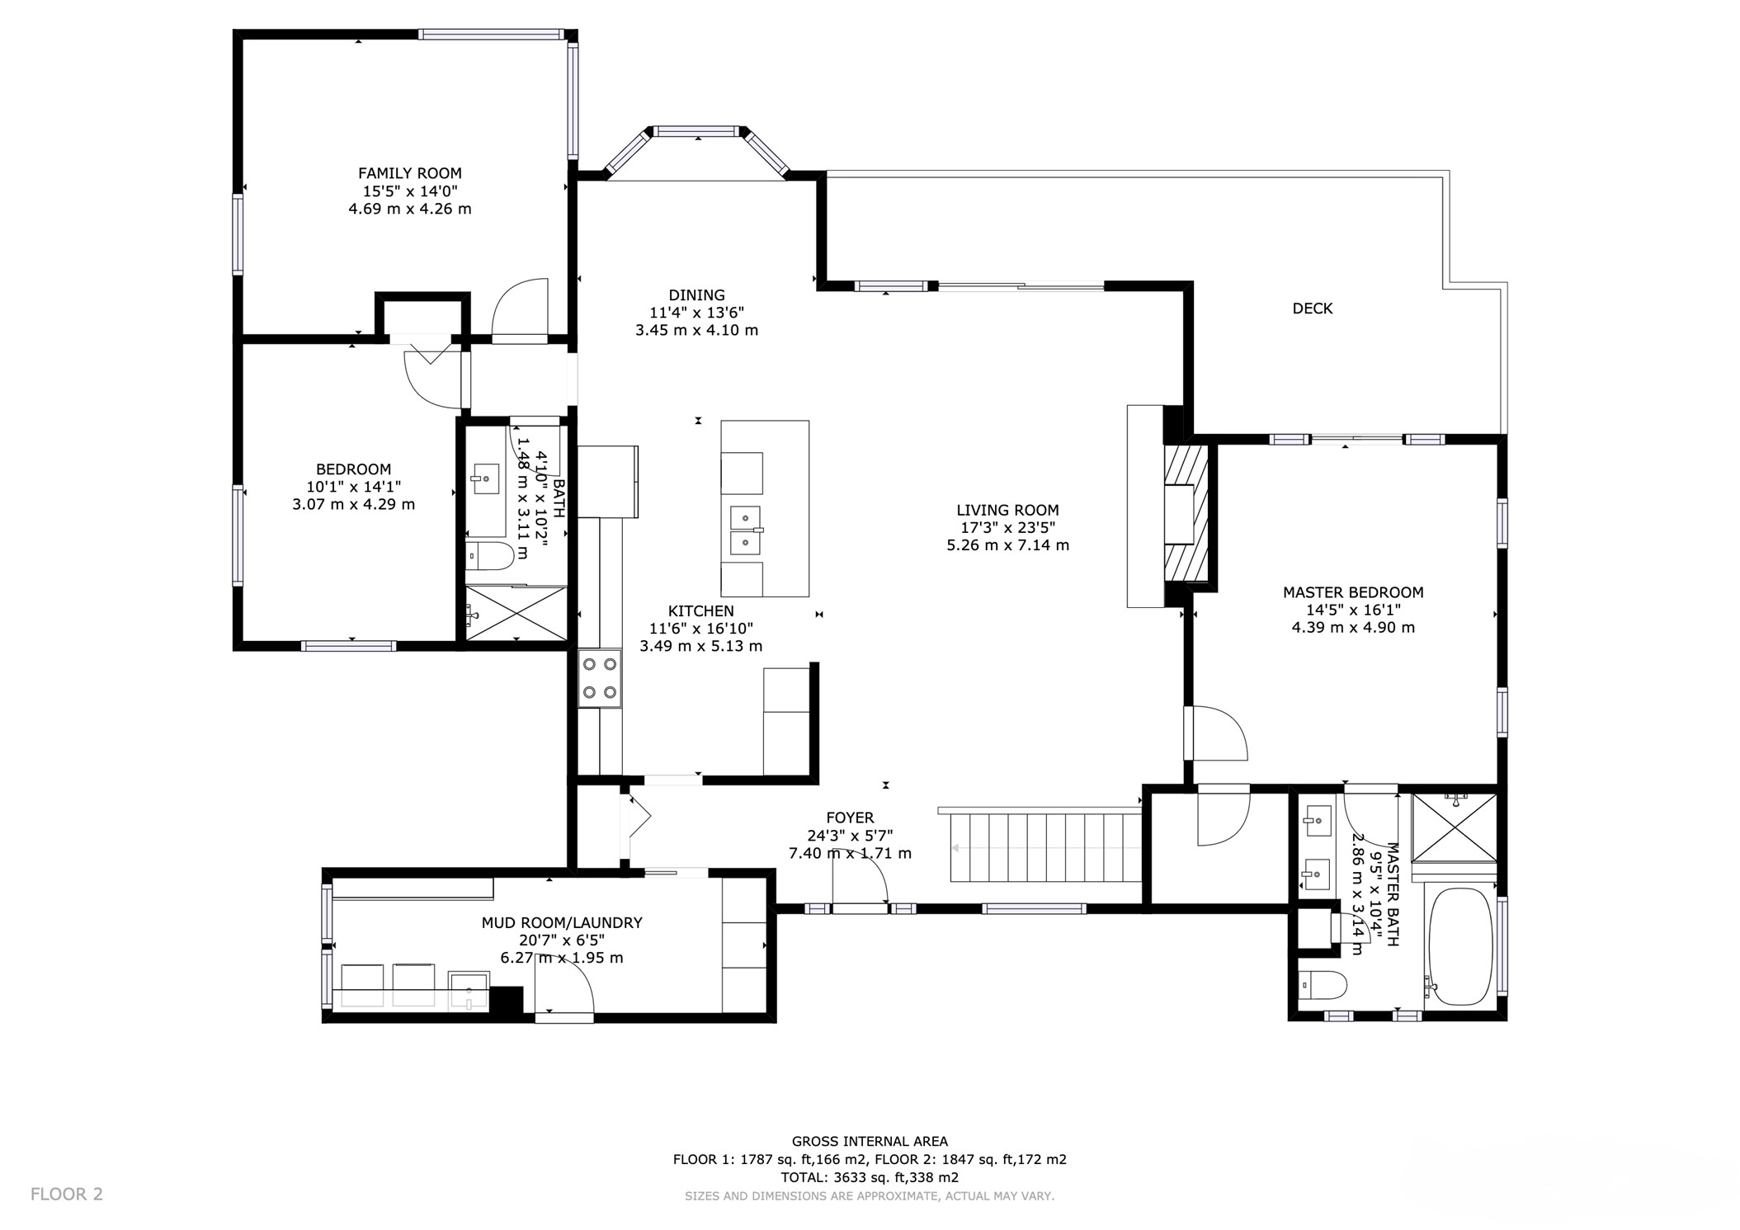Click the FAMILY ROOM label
tap(409, 173)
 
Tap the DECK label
tap(1312, 309)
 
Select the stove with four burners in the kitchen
tap(600, 678)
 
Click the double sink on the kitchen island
tap(745, 530)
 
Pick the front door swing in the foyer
tap(861, 879)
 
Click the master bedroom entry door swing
tap(1216, 733)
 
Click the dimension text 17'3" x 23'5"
tap(1007, 528)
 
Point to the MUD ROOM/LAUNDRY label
tap(561, 923)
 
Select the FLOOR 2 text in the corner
tap(67, 1194)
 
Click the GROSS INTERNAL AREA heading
tap(870, 1142)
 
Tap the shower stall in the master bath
tap(1454, 826)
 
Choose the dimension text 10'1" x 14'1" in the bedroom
tap(353, 487)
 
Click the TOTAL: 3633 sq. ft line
tap(870, 1177)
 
